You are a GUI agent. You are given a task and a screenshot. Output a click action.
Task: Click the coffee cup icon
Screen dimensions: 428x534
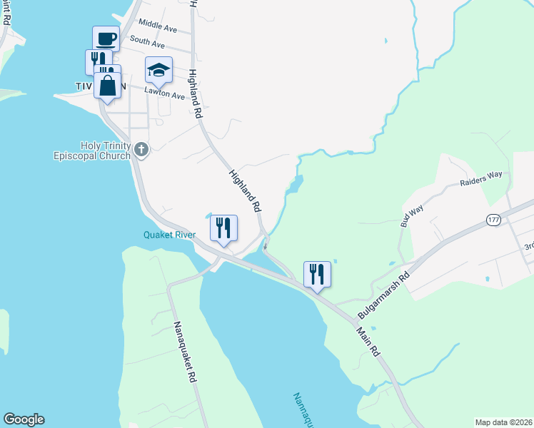[x=106, y=39]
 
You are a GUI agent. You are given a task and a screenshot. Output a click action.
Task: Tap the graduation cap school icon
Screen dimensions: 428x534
[x=158, y=70]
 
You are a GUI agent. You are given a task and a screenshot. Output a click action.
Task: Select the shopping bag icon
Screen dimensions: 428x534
[x=107, y=86]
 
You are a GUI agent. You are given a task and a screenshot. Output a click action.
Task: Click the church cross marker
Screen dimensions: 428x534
[x=141, y=150]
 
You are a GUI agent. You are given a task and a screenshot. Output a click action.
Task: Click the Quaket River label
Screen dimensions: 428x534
[x=169, y=235]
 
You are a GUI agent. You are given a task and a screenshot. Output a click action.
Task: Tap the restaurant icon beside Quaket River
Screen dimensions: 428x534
[x=223, y=228]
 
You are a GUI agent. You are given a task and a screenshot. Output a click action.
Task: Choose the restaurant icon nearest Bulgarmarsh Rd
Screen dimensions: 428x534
[x=317, y=274]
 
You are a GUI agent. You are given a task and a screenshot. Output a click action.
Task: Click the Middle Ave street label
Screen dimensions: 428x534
[x=158, y=26]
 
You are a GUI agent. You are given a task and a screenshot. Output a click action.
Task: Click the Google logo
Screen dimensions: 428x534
[x=24, y=419]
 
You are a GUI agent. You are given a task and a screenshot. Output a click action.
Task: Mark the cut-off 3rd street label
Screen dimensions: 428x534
[x=528, y=246]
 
